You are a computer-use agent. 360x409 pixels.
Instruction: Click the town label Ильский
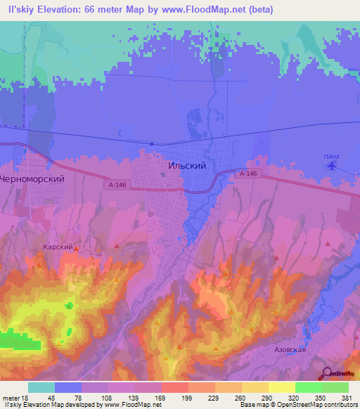[187, 166]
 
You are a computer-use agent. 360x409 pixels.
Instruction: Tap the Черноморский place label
[32, 178]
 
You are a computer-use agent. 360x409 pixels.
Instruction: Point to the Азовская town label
[290, 349]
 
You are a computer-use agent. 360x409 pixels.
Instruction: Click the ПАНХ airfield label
[331, 156]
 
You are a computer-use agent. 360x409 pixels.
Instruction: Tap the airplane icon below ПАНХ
[332, 167]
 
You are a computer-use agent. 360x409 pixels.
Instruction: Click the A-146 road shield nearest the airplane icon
[246, 174]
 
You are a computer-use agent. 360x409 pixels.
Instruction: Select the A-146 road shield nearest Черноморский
[118, 185]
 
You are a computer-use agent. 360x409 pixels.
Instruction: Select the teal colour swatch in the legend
[41, 387]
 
